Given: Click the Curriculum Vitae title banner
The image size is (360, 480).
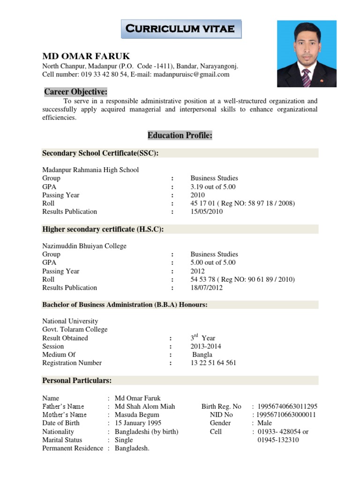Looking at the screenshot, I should pyautogui.click(x=181, y=29).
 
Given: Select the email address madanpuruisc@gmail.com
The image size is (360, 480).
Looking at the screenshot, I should pyautogui.click(x=192, y=75).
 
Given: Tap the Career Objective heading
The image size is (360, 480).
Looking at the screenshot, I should pyautogui.click(x=76, y=91).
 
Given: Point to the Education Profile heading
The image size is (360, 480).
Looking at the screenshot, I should pyautogui.click(x=180, y=135).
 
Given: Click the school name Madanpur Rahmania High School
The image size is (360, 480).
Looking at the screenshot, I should pyautogui.click(x=90, y=170).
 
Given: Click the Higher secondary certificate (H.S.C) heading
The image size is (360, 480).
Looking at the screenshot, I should pyautogui.click(x=103, y=229).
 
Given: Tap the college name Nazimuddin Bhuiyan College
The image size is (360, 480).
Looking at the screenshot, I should pyautogui.click(x=84, y=246).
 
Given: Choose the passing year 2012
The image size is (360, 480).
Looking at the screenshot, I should pyautogui.click(x=198, y=271).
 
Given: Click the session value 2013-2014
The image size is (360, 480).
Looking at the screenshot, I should pyautogui.click(x=206, y=346).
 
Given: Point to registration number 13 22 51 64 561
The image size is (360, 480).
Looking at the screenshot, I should pyautogui.click(x=213, y=363).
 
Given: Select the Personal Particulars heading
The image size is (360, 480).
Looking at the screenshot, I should pyautogui.click(x=77, y=380).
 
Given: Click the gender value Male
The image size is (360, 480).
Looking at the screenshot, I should pyautogui.click(x=266, y=423).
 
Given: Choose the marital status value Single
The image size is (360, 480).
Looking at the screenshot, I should pyautogui.click(x=124, y=440).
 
